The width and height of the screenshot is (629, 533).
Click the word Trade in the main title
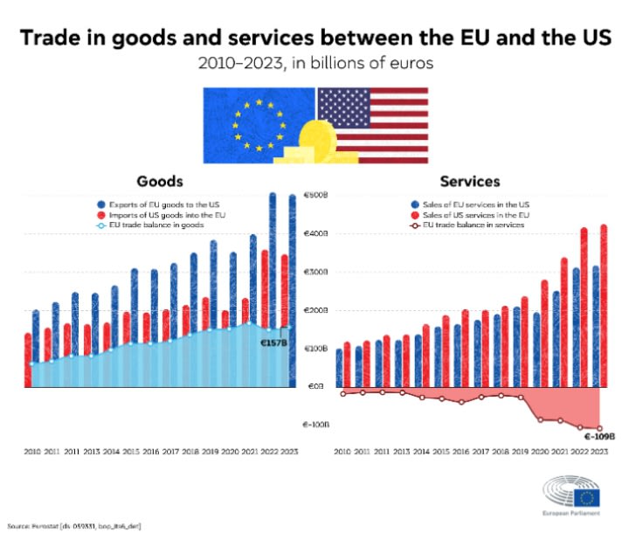pyautogui.click(x=54, y=39)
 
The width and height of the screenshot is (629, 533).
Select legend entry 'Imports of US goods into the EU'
pyautogui.click(x=162, y=214)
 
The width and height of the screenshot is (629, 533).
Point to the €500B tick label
pyautogui.click(x=314, y=196)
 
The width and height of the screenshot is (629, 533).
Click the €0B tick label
pyautogui.click(x=314, y=386)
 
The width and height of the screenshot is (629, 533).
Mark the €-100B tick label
pyautogui.click(x=314, y=425)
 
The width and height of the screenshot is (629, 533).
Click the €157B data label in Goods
pyautogui.click(x=273, y=343)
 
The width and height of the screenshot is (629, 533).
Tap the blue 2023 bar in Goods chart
pyautogui.click(x=293, y=288)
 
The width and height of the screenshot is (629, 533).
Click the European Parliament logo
pyautogui.click(x=572, y=498)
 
